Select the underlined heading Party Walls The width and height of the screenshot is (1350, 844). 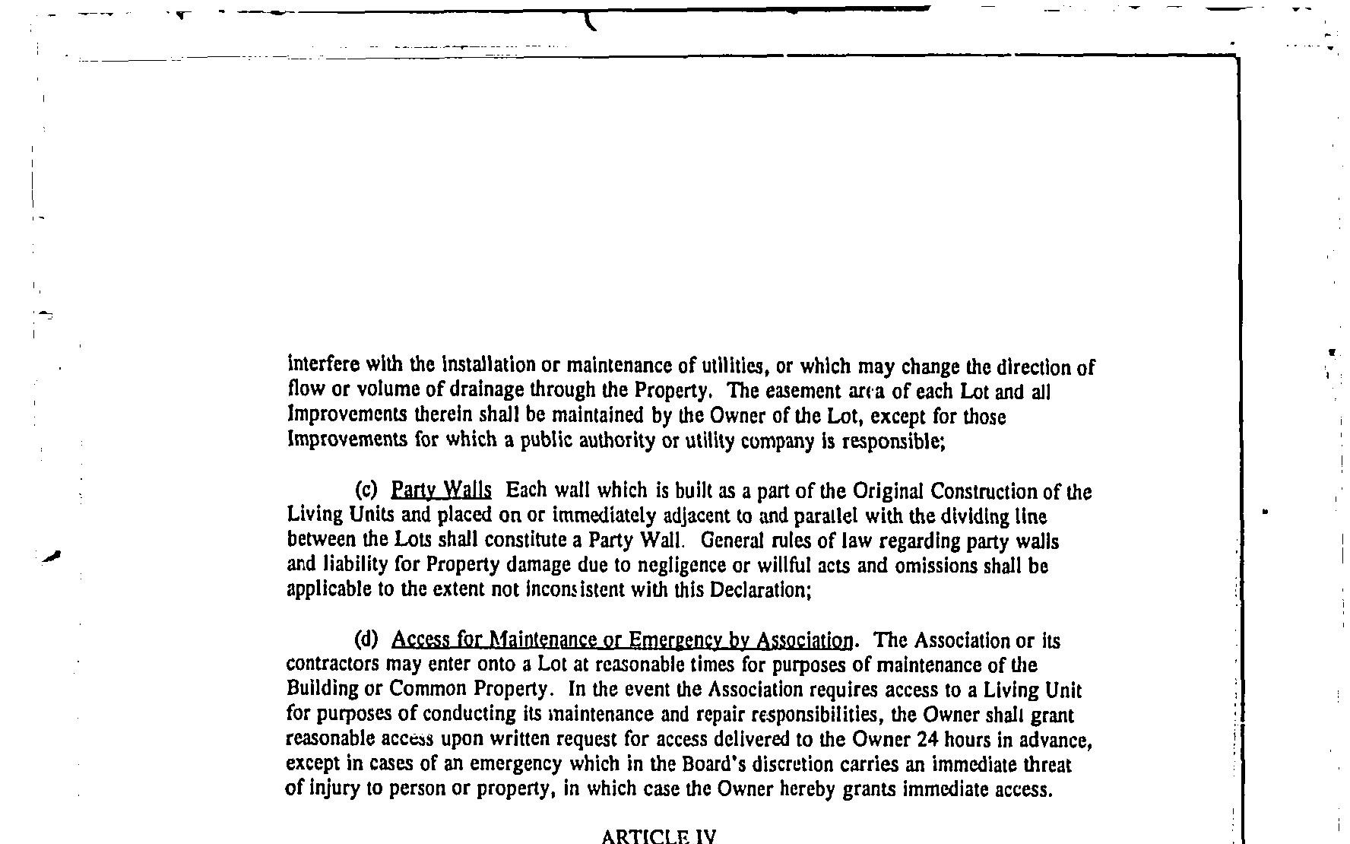[x=441, y=490]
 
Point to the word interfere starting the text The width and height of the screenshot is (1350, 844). [x=318, y=365]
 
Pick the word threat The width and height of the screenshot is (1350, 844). [x=1047, y=763]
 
